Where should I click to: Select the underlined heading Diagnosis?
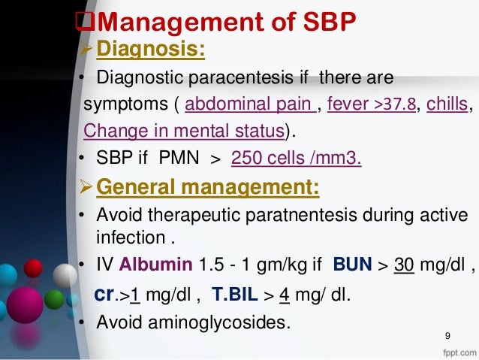153,51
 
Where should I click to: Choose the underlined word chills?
446,104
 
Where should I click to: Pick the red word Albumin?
159,265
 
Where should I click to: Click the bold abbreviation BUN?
352,265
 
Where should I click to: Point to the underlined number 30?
404,265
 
